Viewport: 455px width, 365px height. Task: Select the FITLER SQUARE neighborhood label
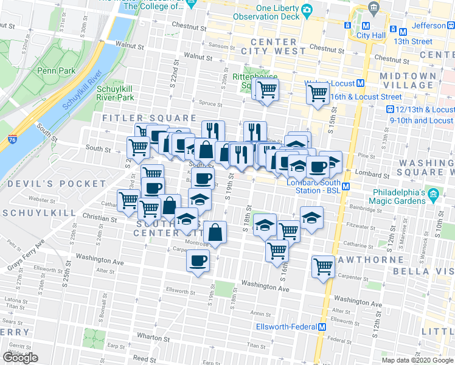point(149,118)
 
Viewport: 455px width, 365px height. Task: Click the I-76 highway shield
point(13,139)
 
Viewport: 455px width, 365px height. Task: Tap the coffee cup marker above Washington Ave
point(197,262)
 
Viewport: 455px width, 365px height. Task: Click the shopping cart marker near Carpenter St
point(324,266)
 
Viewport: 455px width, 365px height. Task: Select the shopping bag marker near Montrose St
point(215,232)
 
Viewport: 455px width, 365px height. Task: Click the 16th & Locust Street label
point(366,96)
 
